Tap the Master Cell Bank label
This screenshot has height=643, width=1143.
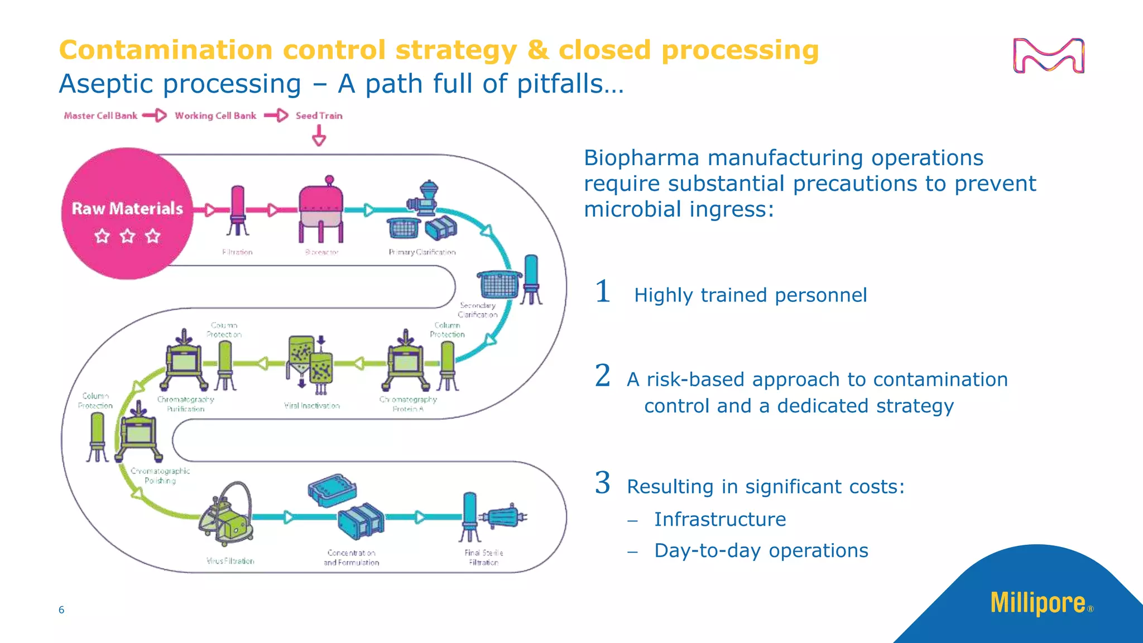(x=100, y=116)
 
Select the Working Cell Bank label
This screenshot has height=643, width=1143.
(x=215, y=116)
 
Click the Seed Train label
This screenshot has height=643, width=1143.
(x=319, y=116)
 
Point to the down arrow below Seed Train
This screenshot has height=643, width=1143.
(x=319, y=136)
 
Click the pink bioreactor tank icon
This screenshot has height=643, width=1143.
(x=321, y=209)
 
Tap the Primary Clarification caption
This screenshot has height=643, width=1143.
(x=422, y=252)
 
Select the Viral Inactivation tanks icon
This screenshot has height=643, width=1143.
(x=310, y=363)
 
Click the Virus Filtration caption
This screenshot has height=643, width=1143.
(x=230, y=561)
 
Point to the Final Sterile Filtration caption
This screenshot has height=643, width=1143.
(x=483, y=557)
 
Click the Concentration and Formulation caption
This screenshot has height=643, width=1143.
(x=351, y=557)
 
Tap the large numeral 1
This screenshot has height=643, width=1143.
(x=602, y=292)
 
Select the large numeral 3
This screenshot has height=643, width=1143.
(x=602, y=483)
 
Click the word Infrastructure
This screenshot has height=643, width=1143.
(x=720, y=519)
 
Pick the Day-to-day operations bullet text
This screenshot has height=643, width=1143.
(x=761, y=550)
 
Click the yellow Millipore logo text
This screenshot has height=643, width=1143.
(x=1038, y=603)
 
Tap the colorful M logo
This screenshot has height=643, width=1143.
(x=1049, y=56)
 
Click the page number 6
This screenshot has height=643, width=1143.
(x=61, y=610)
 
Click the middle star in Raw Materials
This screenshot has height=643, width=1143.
(x=127, y=236)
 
